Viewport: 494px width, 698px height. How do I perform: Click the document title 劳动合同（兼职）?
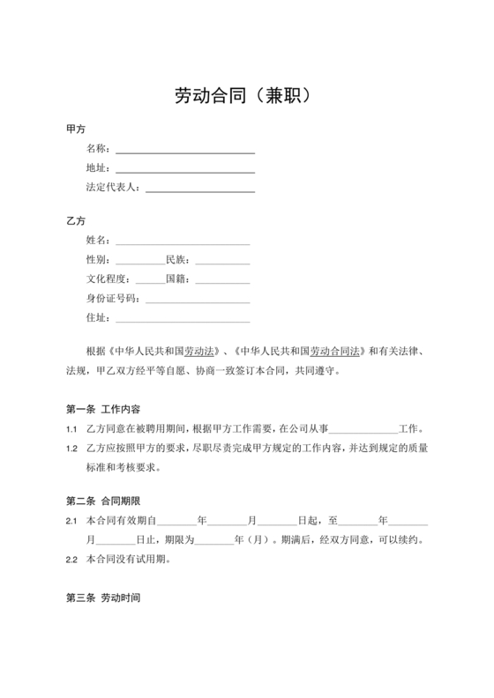[x=246, y=95]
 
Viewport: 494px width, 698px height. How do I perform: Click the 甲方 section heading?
[x=76, y=129]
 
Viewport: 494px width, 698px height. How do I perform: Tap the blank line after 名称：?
[x=185, y=151]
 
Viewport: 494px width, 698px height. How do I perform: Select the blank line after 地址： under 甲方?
[x=185, y=170]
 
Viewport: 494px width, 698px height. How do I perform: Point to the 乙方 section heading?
[x=76, y=220]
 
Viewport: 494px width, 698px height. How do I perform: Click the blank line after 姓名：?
[x=183, y=241]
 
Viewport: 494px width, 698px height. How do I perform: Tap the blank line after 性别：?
[x=139, y=261]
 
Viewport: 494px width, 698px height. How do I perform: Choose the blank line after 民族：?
[x=222, y=261]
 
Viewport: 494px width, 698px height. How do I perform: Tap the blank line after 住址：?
[x=183, y=319]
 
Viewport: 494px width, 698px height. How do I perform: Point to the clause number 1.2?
[x=71, y=448]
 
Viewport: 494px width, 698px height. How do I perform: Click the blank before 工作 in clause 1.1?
[x=363, y=429]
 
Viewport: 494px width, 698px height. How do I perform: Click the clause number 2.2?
[x=71, y=559]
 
